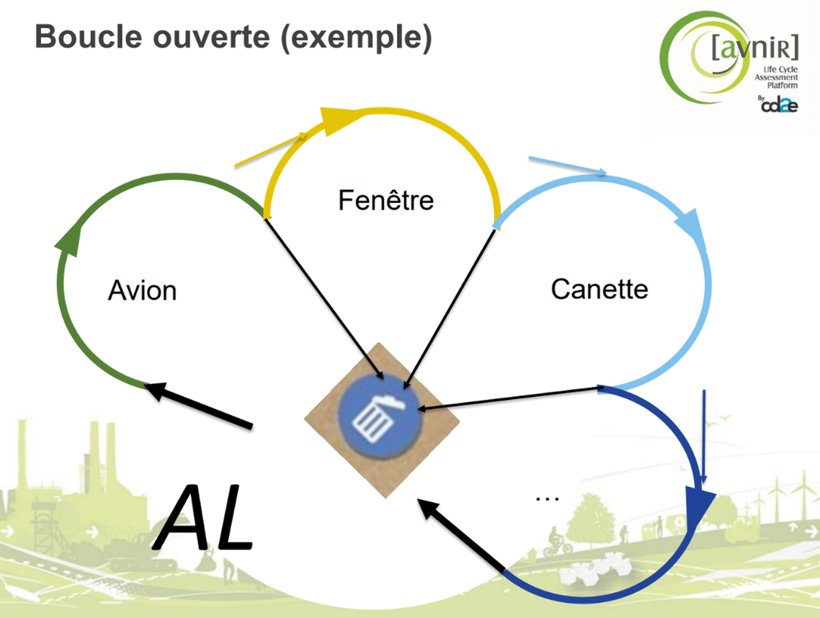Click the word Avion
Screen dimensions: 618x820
(142, 290)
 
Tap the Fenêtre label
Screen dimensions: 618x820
(386, 199)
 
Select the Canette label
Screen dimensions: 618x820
(600, 289)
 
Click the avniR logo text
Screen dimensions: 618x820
(754, 48)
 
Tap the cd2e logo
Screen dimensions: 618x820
(779, 105)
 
